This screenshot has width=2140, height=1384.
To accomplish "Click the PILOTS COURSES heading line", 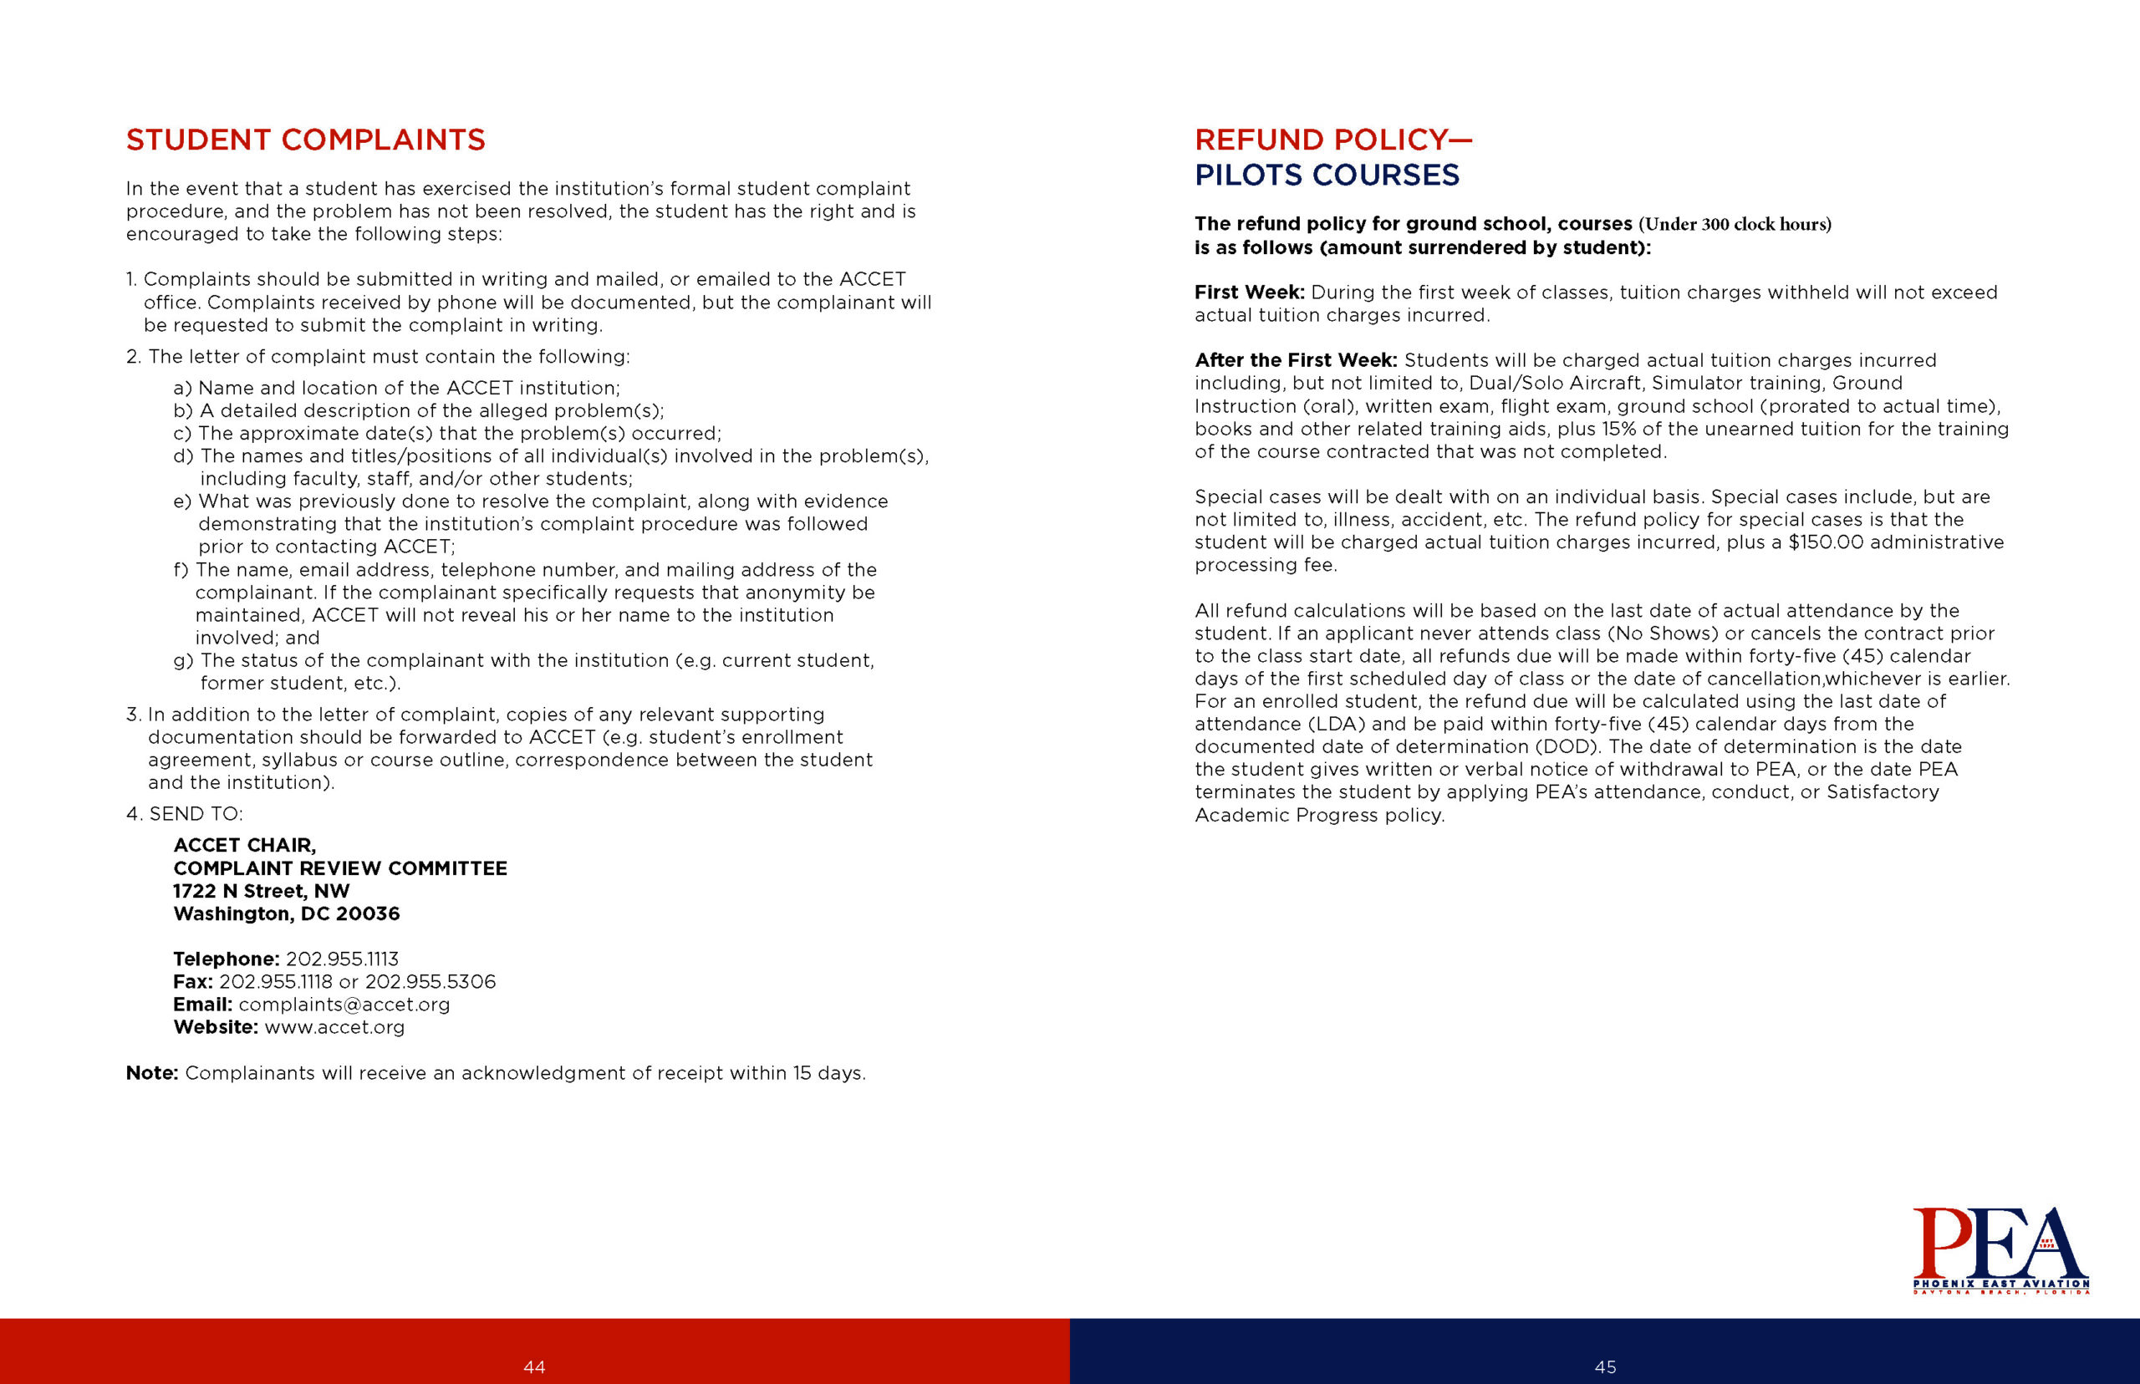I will (x=1326, y=176).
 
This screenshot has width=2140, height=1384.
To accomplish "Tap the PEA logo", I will (x=2000, y=1250).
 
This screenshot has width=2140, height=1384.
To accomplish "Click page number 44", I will (x=534, y=1367).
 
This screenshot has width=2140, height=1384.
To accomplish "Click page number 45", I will (x=1604, y=1367).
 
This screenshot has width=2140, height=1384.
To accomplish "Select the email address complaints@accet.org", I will (x=344, y=1005).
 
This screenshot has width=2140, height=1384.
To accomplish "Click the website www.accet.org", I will (x=334, y=1027).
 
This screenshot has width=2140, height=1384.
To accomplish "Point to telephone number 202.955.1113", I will (x=342, y=959).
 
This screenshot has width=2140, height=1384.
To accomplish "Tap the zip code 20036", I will (x=368, y=914).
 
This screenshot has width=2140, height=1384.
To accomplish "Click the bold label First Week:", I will (x=1248, y=293).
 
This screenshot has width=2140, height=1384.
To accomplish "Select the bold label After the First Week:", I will (x=1295, y=360).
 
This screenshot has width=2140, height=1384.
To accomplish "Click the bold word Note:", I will (x=152, y=1073).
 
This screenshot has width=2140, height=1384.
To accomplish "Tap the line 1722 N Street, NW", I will (x=261, y=892).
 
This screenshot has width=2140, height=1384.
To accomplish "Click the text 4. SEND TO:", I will (x=184, y=814).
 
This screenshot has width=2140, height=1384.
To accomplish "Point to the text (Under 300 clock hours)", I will (x=1735, y=225).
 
